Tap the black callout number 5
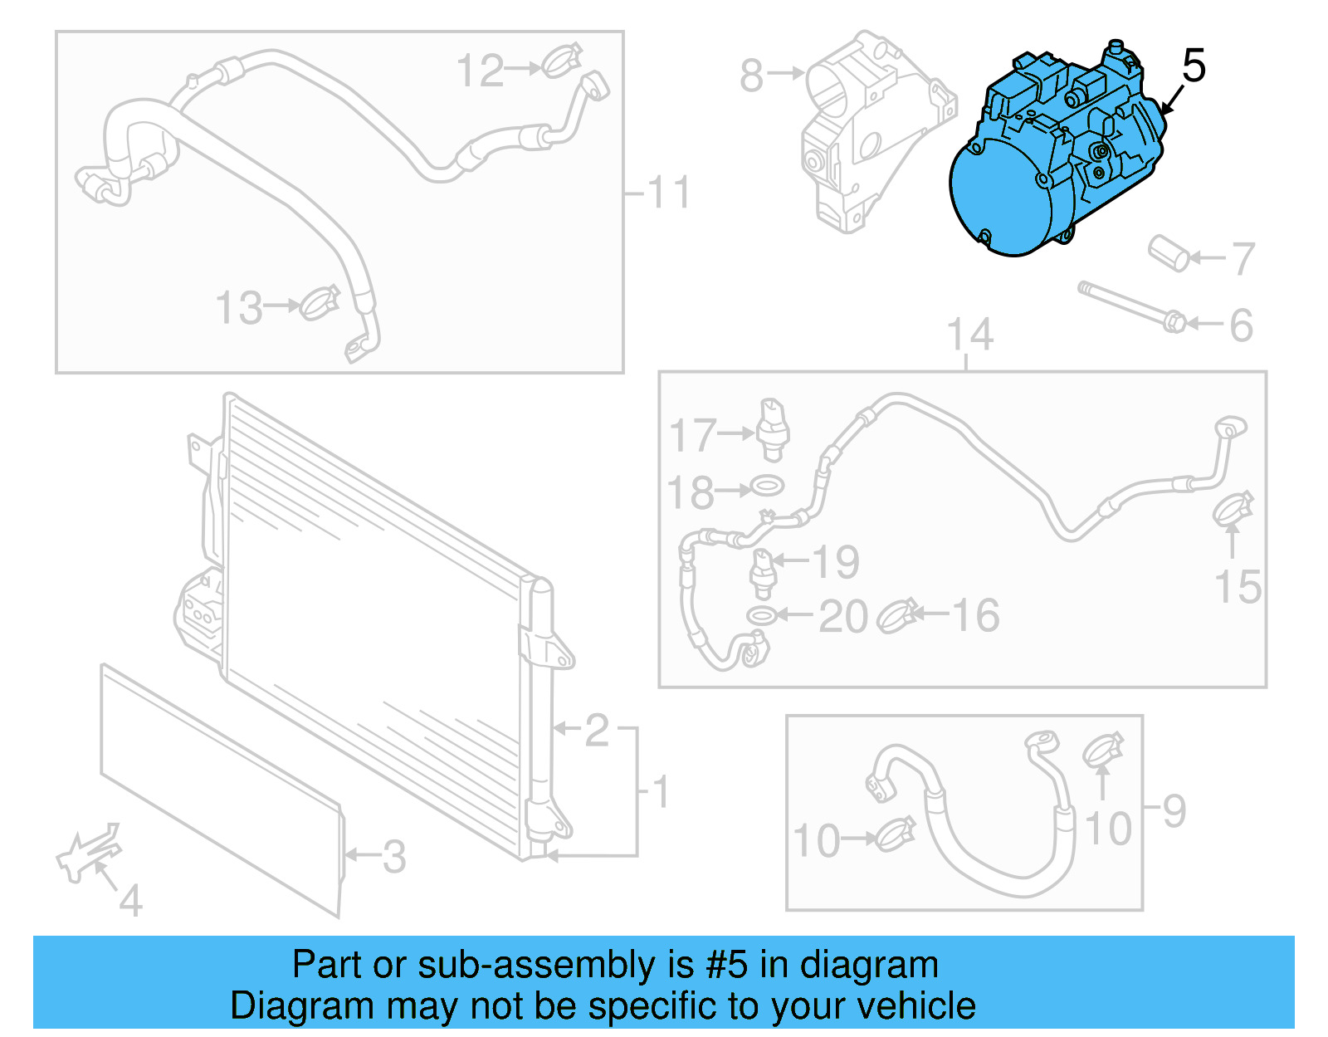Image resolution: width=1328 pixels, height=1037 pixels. pyautogui.click(x=1193, y=66)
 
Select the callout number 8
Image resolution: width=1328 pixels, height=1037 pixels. pyautogui.click(x=751, y=76)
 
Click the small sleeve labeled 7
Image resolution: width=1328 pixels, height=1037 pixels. pyautogui.click(x=1169, y=252)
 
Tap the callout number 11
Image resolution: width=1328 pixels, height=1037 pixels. pyautogui.click(x=668, y=193)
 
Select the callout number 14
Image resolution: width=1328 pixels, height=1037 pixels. pyautogui.click(x=969, y=335)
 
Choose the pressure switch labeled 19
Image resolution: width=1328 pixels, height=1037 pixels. pyautogui.click(x=762, y=573)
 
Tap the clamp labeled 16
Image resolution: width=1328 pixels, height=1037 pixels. pyautogui.click(x=896, y=615)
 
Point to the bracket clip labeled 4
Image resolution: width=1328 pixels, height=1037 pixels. pyautogui.click(x=87, y=853)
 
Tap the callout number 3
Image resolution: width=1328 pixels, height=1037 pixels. pyautogui.click(x=394, y=856)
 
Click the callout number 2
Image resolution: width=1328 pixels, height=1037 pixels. pyautogui.click(x=597, y=731)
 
